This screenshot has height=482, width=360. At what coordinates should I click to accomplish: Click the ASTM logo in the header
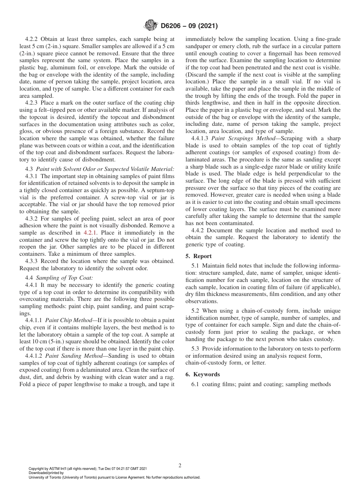tap(151, 26)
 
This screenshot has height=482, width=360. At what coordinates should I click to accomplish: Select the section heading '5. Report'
tap(199, 256)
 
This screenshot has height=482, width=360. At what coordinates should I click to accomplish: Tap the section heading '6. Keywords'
tap(202, 374)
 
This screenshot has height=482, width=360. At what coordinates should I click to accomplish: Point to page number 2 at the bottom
tap(180, 466)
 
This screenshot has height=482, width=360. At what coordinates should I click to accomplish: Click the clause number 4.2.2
tap(32, 39)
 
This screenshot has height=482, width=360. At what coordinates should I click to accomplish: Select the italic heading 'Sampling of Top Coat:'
tap(63, 278)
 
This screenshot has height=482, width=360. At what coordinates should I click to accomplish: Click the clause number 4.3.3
tap(32, 261)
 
